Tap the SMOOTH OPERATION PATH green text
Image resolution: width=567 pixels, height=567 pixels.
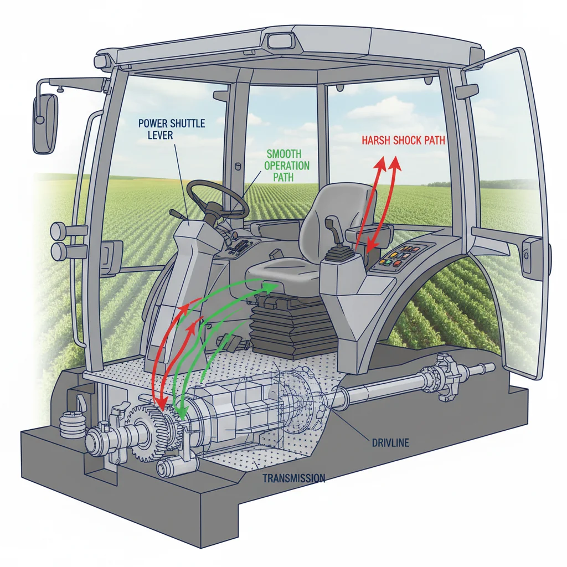pyautogui.click(x=287, y=165)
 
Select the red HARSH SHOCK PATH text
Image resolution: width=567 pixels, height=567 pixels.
pyautogui.click(x=403, y=141)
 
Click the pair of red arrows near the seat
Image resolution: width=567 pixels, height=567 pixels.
pyautogui.click(x=380, y=199)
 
